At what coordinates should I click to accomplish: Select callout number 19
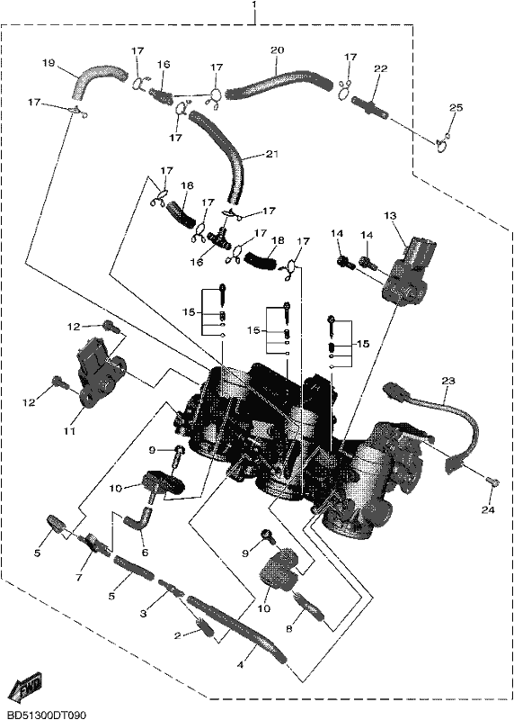point(49,63)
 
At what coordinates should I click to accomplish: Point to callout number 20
point(278,49)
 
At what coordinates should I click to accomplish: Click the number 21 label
point(272,154)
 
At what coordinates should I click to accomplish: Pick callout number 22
point(381,68)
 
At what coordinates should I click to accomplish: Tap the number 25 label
point(456,107)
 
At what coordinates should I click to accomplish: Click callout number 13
point(391,215)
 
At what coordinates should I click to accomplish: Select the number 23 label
point(448,381)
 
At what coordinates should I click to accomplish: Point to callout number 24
point(488,509)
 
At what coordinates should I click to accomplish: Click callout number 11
point(69,431)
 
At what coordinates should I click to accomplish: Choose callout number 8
point(288,629)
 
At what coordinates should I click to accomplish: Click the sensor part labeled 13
point(407,270)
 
